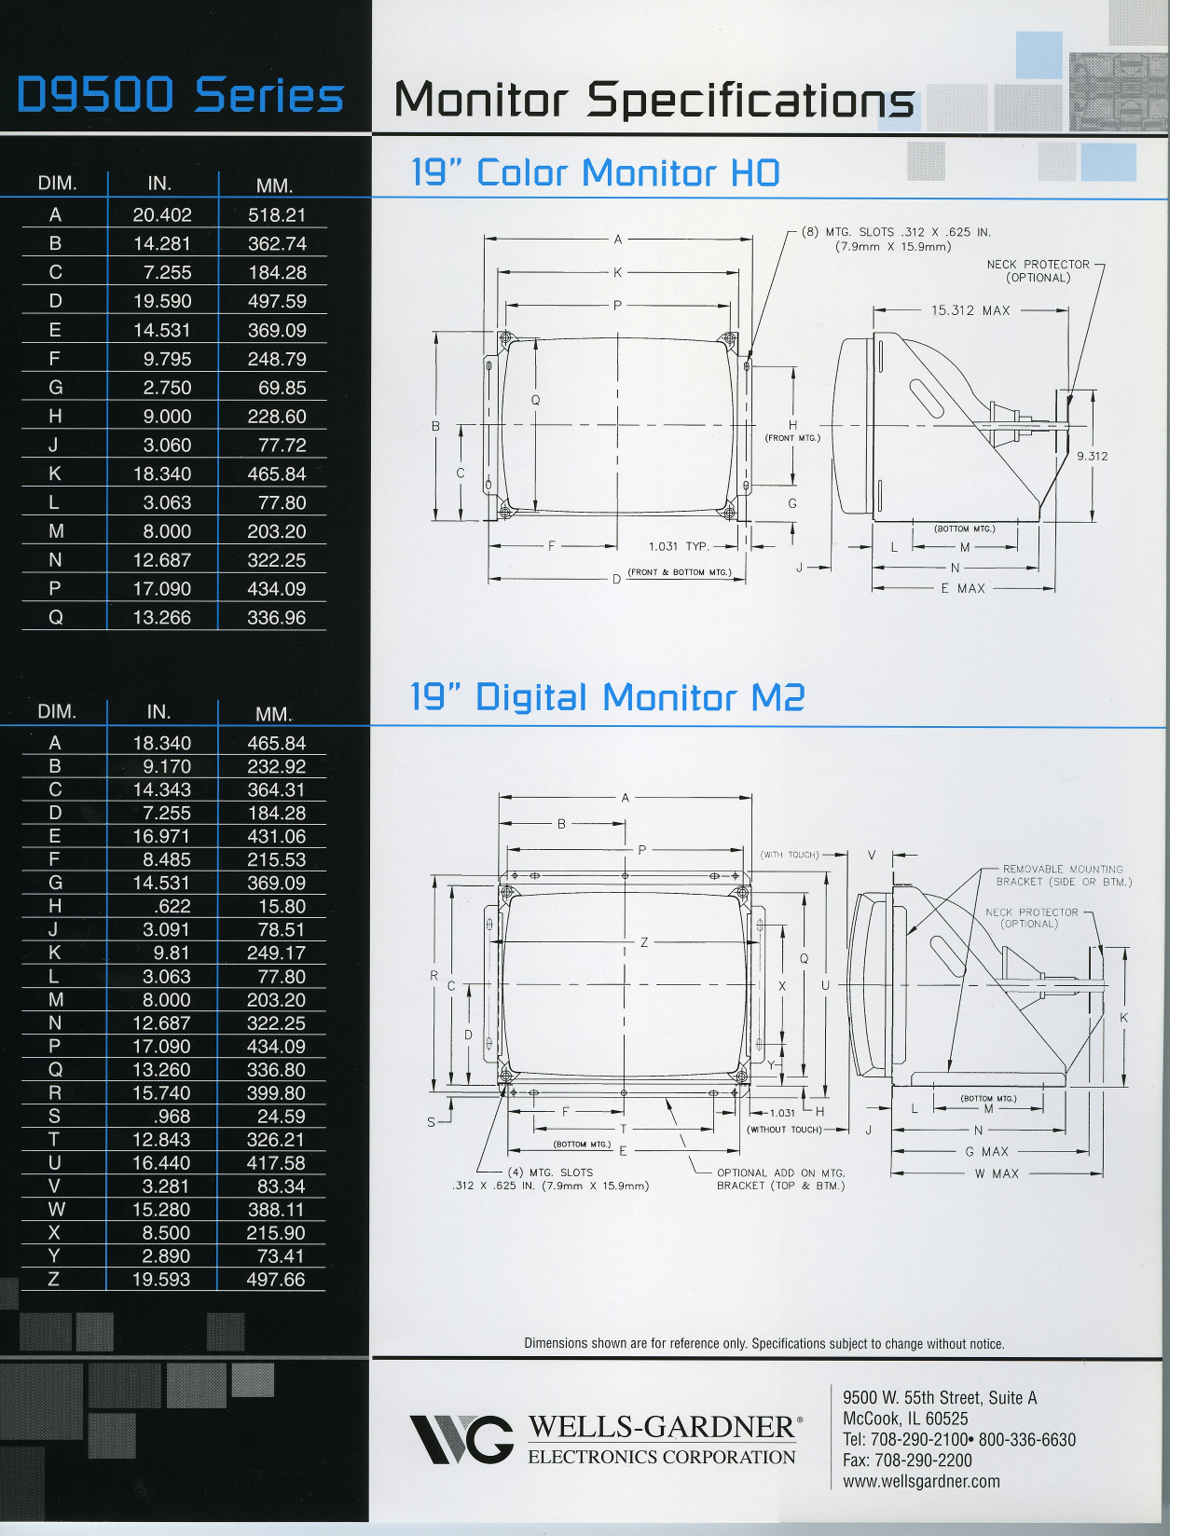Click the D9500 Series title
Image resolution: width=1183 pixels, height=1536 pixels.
[x=181, y=96]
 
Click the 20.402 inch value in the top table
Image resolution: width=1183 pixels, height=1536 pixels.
[x=162, y=215]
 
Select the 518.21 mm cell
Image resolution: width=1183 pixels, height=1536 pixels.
[x=277, y=215]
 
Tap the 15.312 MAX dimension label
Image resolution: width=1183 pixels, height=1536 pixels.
[x=970, y=310]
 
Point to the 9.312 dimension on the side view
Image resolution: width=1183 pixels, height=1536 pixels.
[x=1092, y=456]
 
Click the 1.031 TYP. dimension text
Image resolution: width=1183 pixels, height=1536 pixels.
[x=679, y=546]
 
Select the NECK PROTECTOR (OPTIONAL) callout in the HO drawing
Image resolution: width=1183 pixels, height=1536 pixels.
[x=1038, y=271]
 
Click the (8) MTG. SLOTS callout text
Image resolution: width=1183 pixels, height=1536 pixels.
[x=895, y=239]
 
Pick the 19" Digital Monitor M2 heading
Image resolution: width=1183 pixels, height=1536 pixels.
[x=607, y=697]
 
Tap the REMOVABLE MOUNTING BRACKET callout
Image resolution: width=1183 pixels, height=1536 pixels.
[x=1063, y=875]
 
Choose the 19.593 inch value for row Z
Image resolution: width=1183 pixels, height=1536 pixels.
[x=161, y=1280]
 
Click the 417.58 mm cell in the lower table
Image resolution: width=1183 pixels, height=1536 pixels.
[x=276, y=1163]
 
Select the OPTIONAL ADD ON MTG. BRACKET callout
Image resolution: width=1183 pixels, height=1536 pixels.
[x=780, y=1179]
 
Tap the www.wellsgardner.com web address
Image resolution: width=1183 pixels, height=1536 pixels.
[x=921, y=1481]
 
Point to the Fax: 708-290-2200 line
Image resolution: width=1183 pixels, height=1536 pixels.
[x=907, y=1461]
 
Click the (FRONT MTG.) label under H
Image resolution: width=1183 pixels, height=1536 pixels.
[x=792, y=438]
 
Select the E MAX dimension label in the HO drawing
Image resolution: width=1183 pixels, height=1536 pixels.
[x=963, y=588]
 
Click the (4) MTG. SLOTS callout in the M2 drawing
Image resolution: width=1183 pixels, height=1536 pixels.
[x=550, y=1179]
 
